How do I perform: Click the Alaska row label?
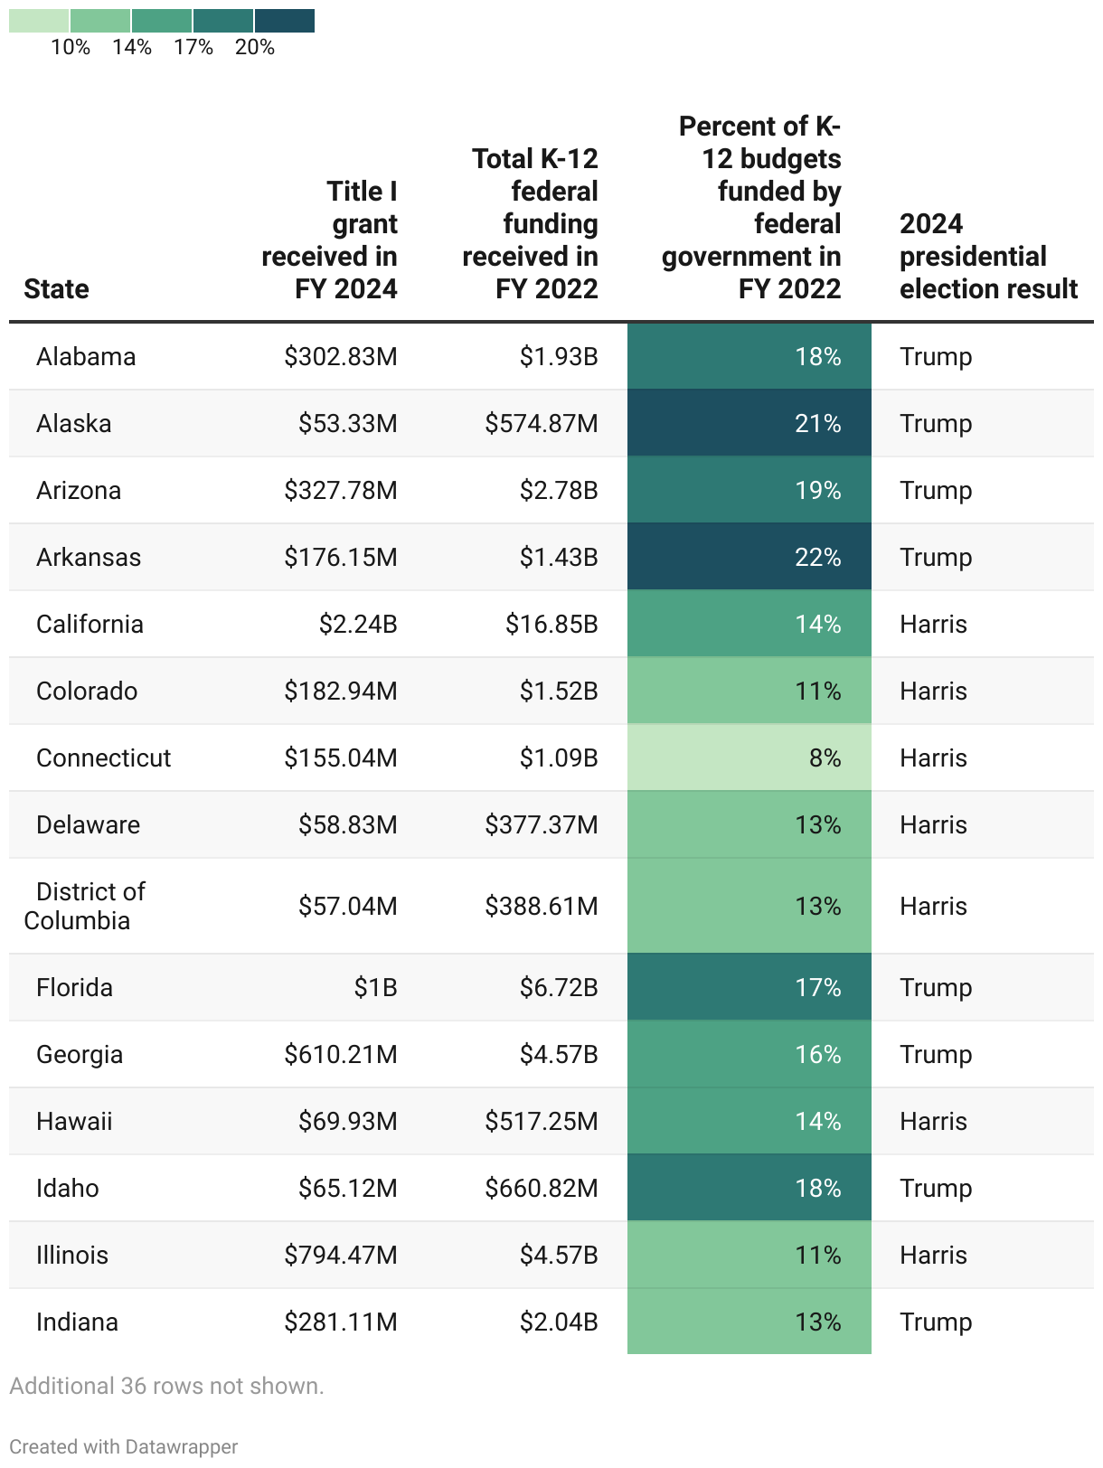(x=74, y=423)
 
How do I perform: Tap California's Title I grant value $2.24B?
(x=358, y=624)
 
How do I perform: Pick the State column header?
(x=56, y=288)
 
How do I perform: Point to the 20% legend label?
(x=254, y=47)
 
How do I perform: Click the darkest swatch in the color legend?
(x=284, y=20)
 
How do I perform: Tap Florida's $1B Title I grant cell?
(x=375, y=987)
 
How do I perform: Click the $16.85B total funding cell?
(x=551, y=624)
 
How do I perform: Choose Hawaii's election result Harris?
(x=933, y=1121)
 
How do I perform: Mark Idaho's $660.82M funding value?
(x=542, y=1188)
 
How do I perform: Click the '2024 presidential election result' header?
(x=988, y=256)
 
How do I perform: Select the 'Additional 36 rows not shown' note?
(x=166, y=1386)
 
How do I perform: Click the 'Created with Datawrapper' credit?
(x=124, y=1446)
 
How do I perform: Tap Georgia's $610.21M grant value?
(x=341, y=1054)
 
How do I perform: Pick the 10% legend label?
(x=71, y=47)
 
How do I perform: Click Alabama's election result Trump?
(x=936, y=356)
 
